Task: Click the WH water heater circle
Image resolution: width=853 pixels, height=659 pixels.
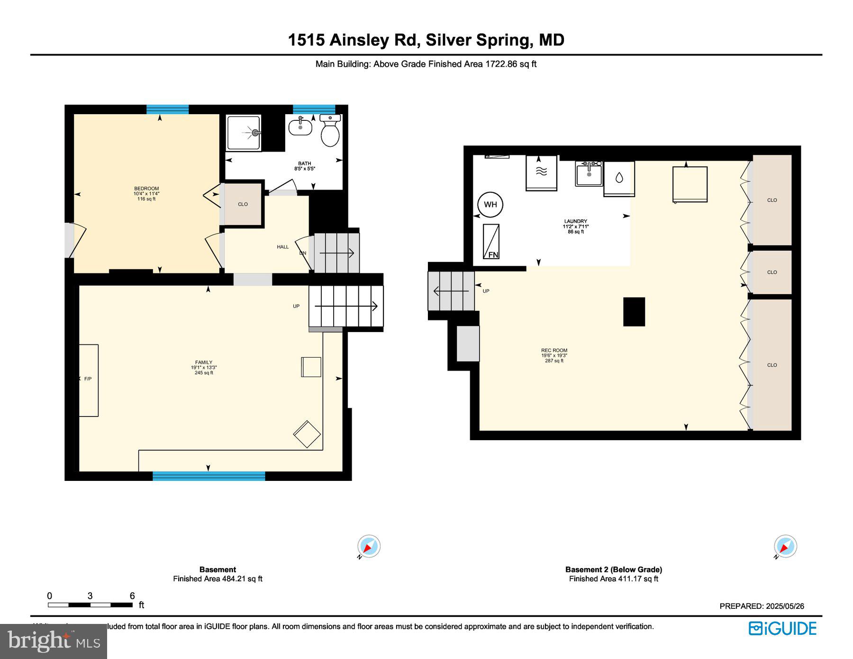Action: pos(490,204)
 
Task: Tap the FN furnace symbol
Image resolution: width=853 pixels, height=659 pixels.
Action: pos(491,242)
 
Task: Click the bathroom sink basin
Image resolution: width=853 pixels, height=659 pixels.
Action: pos(300,127)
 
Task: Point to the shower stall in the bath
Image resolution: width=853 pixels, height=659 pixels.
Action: pos(244,133)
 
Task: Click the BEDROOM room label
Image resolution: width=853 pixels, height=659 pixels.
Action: pos(146,189)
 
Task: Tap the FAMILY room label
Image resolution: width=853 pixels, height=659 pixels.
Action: pos(204,362)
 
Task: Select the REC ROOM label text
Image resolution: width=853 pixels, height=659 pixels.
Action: pos(554,351)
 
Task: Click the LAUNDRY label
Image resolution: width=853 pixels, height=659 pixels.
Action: pos(575,221)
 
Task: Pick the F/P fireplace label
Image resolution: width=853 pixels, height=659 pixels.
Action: pos(88,379)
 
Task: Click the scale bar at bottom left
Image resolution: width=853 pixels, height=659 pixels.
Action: pos(90,605)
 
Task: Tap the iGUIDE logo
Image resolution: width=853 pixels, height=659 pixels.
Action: pos(782,628)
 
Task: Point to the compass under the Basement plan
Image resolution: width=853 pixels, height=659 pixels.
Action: pos(369,547)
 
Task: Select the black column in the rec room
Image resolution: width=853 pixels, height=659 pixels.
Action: pos(634,312)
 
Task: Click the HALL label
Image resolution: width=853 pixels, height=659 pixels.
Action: pos(282,247)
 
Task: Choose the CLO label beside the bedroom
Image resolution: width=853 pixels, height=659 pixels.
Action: pos(243,204)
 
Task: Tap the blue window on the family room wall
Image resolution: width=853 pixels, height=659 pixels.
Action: pos(209,476)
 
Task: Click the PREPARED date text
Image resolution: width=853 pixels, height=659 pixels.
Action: pos(762,606)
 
